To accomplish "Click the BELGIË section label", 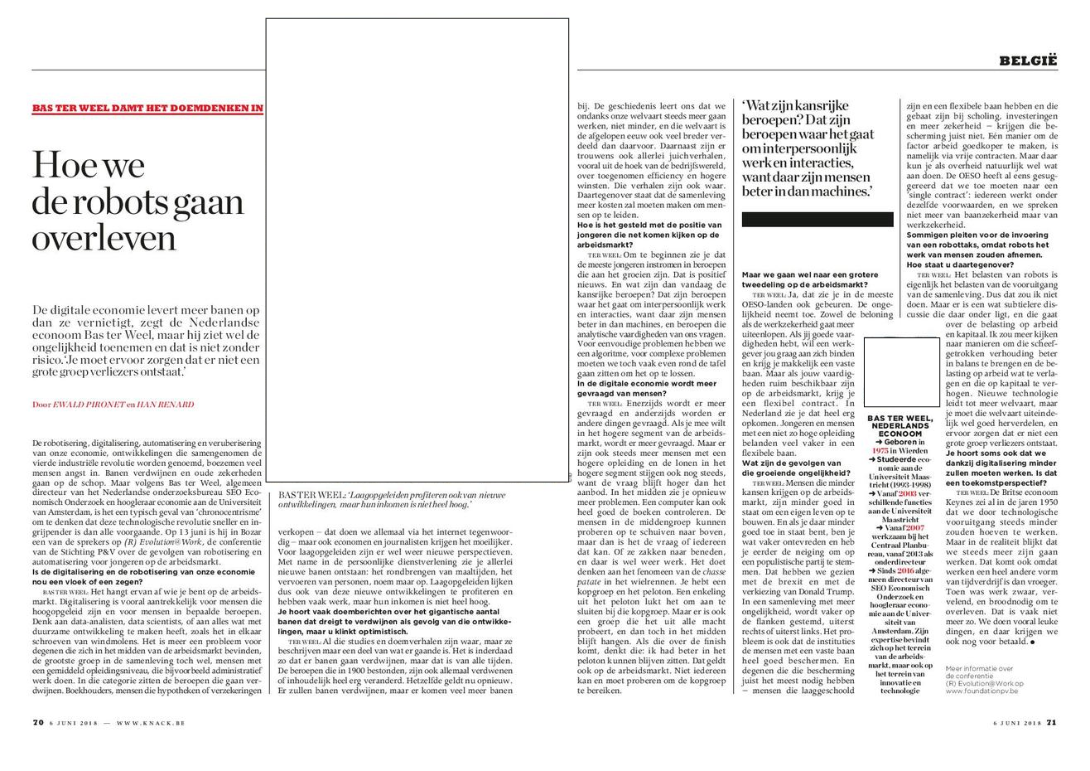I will point(1028,60).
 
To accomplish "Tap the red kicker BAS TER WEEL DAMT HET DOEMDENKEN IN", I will point(147,108).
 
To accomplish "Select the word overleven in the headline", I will point(104,238).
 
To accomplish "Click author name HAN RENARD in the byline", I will point(165,405).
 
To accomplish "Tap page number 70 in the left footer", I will point(37,722).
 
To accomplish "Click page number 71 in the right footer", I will point(1052,722).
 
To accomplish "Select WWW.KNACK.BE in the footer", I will point(151,723).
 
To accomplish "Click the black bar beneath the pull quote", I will point(817,220).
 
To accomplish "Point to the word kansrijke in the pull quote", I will point(829,107).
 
